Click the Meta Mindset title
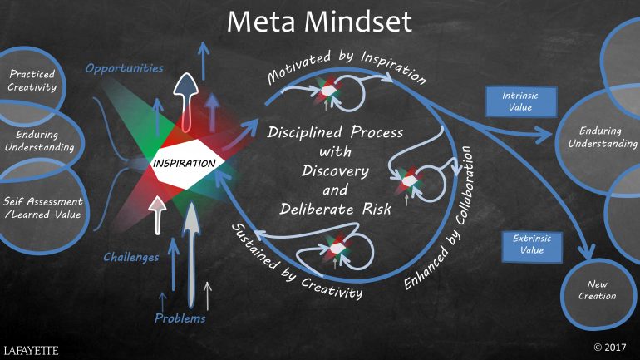pos(320,22)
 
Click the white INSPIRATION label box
pos(185,161)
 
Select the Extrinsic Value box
pos(532,244)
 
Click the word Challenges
pos(130,257)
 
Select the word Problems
pos(180,318)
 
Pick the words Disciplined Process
pos(336,133)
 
